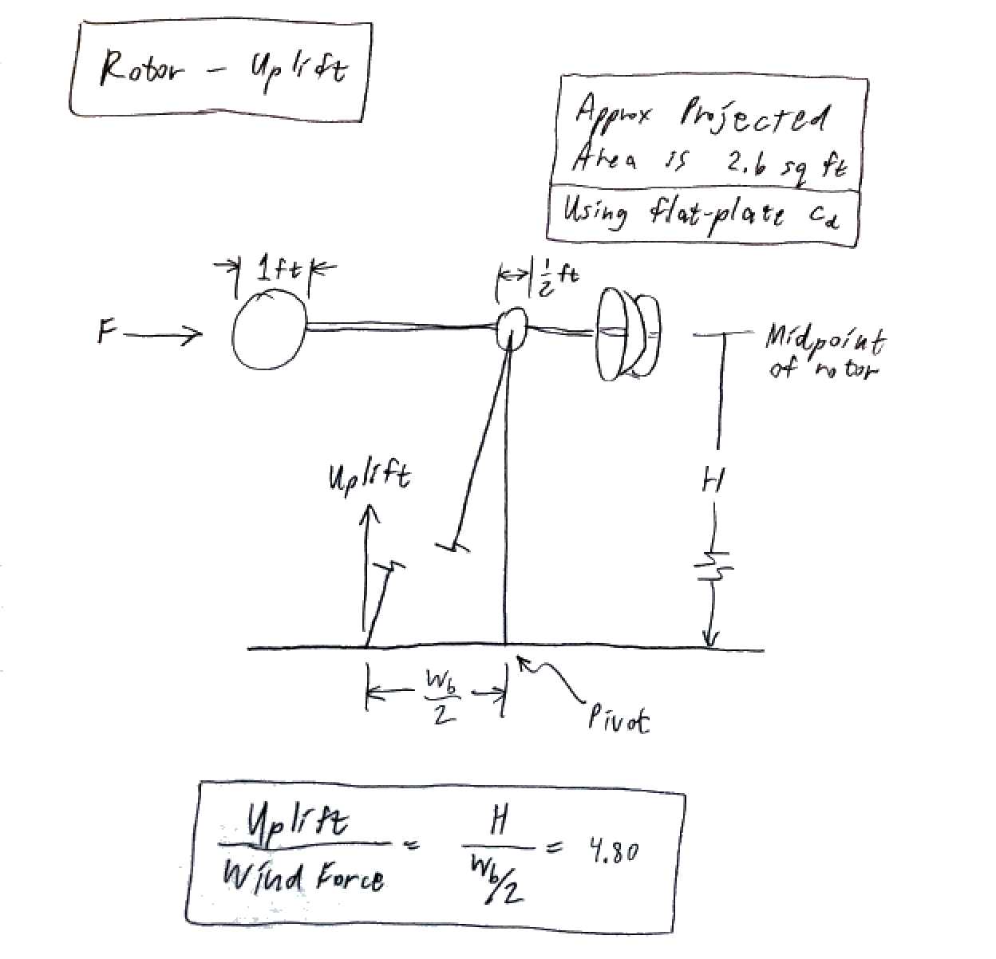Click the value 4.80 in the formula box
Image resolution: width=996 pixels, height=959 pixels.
tap(612, 853)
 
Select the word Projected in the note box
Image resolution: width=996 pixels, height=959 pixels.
tap(755, 119)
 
